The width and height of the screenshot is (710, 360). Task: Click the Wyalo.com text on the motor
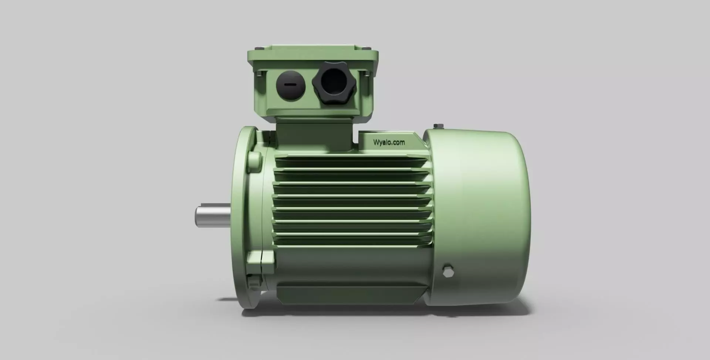pos(389,142)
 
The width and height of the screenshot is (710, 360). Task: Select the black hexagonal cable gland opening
pos(334,82)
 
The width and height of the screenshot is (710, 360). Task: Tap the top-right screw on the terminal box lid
pos(366,48)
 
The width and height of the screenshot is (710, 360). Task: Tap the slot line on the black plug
pos(290,84)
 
